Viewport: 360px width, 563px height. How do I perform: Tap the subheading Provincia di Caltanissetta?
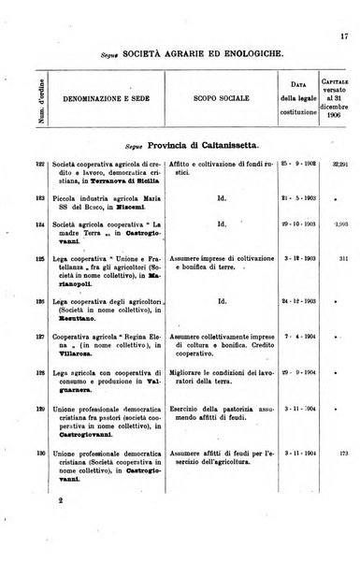(191, 144)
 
